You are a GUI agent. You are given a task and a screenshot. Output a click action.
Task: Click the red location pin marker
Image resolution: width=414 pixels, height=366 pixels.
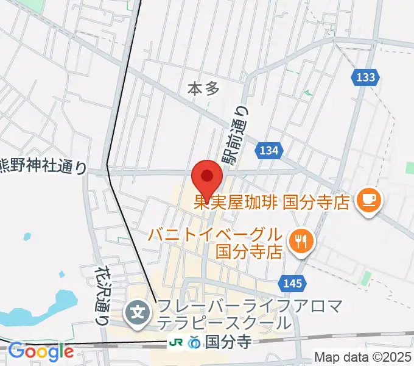(206, 178)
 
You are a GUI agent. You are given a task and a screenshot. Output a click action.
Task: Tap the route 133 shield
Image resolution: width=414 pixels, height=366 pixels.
(367, 77)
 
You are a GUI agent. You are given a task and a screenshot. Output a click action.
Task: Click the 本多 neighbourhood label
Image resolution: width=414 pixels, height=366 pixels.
(203, 89)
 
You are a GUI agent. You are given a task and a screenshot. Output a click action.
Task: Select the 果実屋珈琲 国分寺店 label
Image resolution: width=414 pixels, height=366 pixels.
(271, 201)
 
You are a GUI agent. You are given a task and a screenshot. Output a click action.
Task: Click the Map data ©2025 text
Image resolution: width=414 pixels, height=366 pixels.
(363, 356)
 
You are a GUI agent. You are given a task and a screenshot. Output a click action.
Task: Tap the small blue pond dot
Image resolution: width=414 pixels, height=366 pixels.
(27, 236)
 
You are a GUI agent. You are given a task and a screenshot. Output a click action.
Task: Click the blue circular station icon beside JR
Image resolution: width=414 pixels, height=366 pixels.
(194, 343)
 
